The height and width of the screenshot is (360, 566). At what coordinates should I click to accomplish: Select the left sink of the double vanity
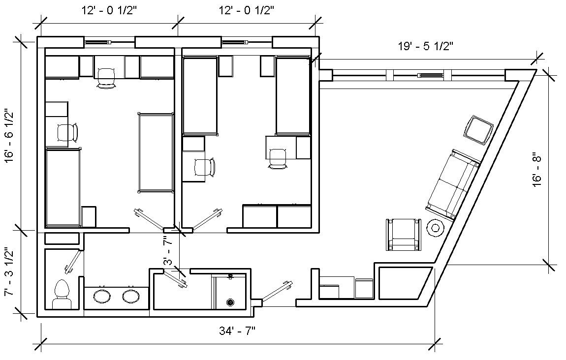click(x=102, y=296)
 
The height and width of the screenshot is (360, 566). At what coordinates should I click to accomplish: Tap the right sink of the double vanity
click(x=131, y=296)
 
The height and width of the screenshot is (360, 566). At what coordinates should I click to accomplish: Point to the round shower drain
click(x=229, y=302)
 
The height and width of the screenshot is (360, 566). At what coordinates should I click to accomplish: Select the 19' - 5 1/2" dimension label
click(x=425, y=47)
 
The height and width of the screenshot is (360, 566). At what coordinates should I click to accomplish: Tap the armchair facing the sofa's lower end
click(x=404, y=235)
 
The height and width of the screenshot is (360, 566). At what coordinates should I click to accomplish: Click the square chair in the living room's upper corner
click(x=478, y=129)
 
